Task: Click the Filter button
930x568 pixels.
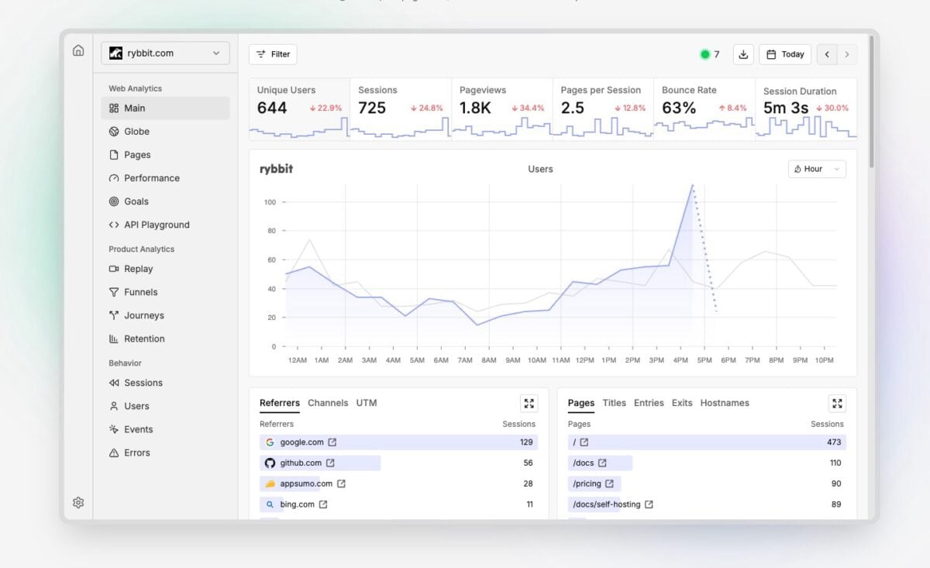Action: click(x=273, y=54)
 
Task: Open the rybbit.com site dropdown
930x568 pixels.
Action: click(x=165, y=53)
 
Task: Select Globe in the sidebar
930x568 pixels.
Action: click(x=136, y=132)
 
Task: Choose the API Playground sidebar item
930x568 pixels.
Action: click(x=157, y=225)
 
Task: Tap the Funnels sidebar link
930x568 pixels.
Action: click(x=140, y=292)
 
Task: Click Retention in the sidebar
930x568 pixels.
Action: click(x=144, y=339)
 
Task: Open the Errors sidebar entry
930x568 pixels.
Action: click(x=136, y=453)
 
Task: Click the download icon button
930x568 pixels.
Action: click(x=743, y=54)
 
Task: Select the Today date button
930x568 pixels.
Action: click(x=784, y=54)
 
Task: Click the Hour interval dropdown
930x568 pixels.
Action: click(x=817, y=169)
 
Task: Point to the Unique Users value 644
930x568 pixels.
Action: click(x=272, y=108)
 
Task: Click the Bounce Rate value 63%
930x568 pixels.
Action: click(x=679, y=108)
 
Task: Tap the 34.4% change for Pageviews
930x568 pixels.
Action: click(x=528, y=108)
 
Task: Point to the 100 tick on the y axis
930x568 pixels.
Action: click(x=270, y=202)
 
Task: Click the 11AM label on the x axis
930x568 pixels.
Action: click(x=560, y=360)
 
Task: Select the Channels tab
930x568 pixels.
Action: click(x=328, y=403)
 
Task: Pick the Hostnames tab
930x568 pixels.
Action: click(x=724, y=403)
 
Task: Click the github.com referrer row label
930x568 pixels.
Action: click(x=301, y=463)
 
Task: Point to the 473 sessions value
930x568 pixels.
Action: click(x=834, y=442)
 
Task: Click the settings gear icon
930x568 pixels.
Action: click(x=78, y=502)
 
